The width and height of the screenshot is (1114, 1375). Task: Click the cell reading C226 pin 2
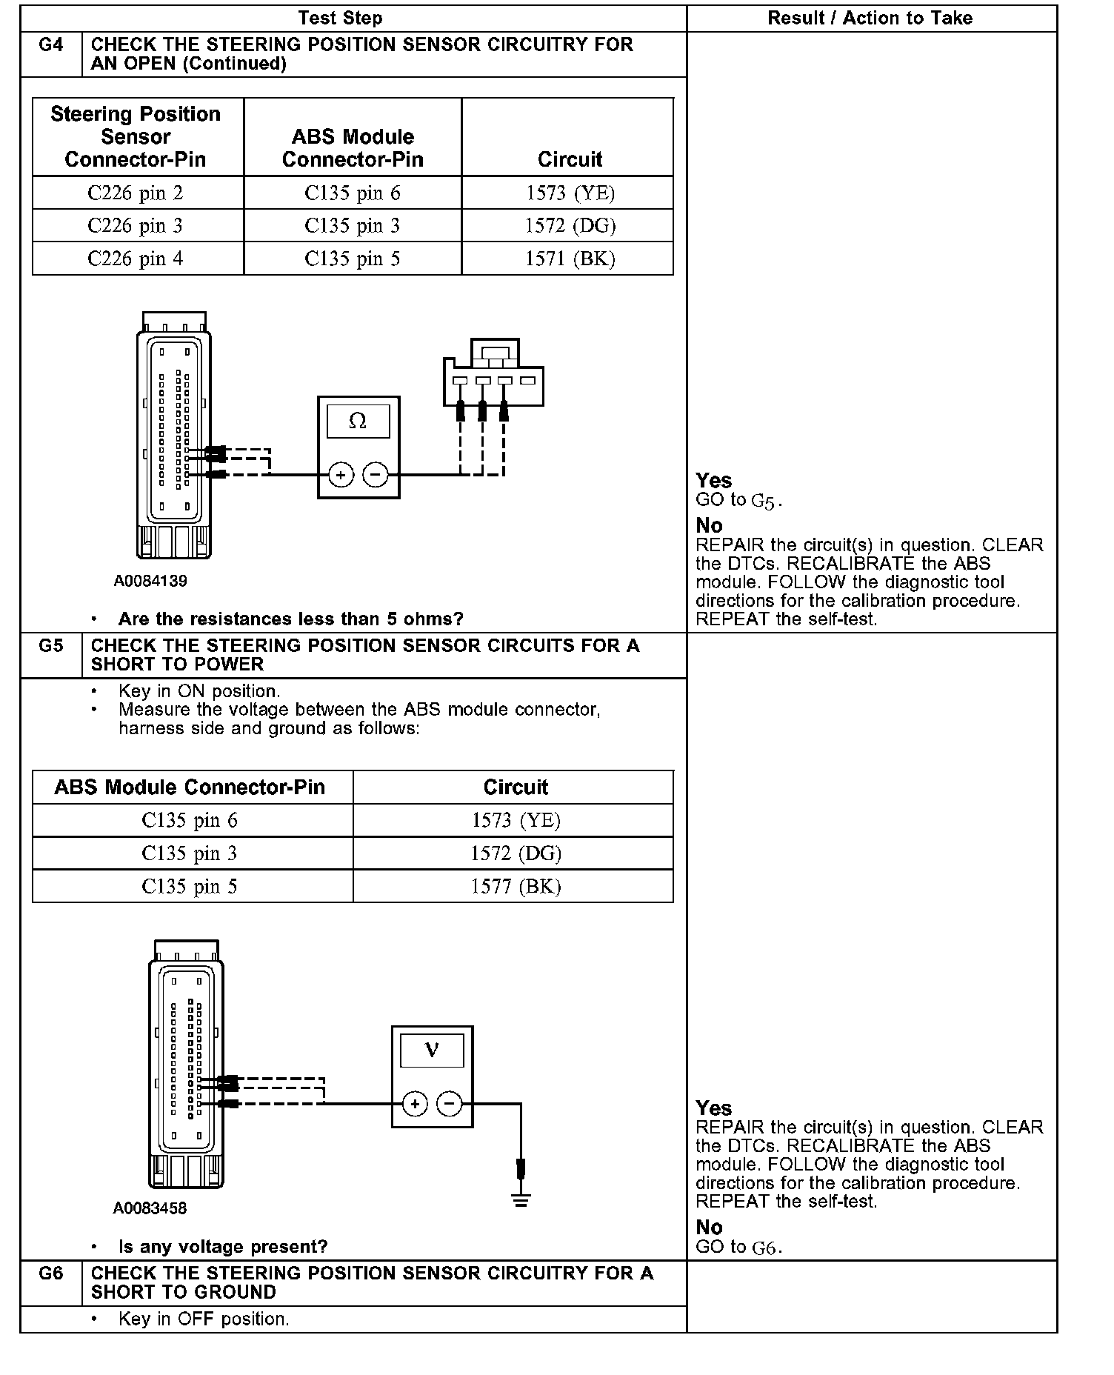pos(136,193)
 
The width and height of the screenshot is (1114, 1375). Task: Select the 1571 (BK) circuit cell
pos(570,259)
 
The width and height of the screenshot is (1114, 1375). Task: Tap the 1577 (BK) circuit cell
pos(516,887)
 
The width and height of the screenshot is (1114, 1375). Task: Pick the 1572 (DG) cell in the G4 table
pos(570,226)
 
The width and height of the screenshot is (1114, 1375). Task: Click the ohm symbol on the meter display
pos(358,422)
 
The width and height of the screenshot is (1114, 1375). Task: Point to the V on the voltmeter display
pos(432,1050)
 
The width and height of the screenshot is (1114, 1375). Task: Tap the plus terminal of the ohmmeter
pos(341,475)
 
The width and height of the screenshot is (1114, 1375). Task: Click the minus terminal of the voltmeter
pos(449,1104)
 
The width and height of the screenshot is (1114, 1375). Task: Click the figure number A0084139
pos(150,582)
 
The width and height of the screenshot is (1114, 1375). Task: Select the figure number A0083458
pos(150,1208)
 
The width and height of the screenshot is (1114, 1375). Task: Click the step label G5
pos(50,646)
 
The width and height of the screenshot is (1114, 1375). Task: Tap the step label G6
pos(50,1274)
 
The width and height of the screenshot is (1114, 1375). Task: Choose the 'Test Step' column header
pos(340,19)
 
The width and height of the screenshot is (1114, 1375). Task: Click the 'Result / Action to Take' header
pos(870,19)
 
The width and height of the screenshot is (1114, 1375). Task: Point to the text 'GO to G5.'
pos(739,501)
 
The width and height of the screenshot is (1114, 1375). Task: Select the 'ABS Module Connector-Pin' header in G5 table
pos(190,787)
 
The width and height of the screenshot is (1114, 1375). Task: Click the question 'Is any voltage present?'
pos(223,1247)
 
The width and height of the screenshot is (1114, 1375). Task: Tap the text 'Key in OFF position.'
pos(204,1319)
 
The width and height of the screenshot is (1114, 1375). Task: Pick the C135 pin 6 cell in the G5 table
pos(190,821)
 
